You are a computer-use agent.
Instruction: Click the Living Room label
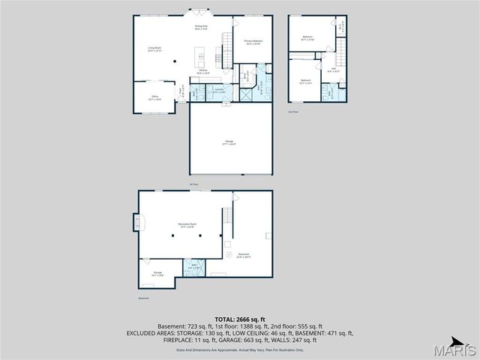click(154, 49)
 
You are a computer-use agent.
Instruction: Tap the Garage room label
click(229, 142)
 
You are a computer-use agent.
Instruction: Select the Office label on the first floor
click(154, 97)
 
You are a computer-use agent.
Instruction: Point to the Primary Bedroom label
click(253, 41)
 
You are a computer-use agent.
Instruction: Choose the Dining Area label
click(201, 28)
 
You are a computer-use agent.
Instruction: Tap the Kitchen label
click(202, 72)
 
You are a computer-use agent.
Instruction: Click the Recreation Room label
click(187, 224)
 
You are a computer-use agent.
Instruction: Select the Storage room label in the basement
click(157, 273)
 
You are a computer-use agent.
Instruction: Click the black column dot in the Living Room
click(175, 61)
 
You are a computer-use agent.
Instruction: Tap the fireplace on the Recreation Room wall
click(137, 222)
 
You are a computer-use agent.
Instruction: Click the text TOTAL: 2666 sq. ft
click(239, 319)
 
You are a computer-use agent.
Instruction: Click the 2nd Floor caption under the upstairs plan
click(293, 112)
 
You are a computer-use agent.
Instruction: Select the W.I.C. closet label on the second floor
click(340, 25)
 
